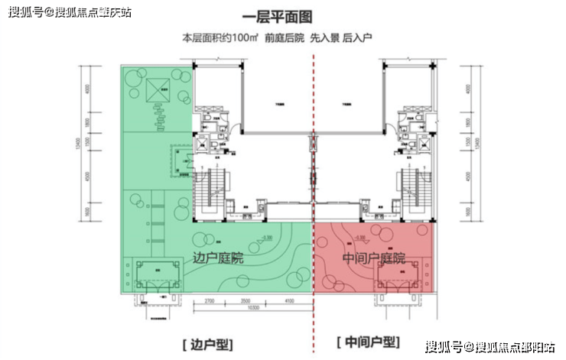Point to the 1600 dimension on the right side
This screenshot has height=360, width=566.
(x=468, y=212)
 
